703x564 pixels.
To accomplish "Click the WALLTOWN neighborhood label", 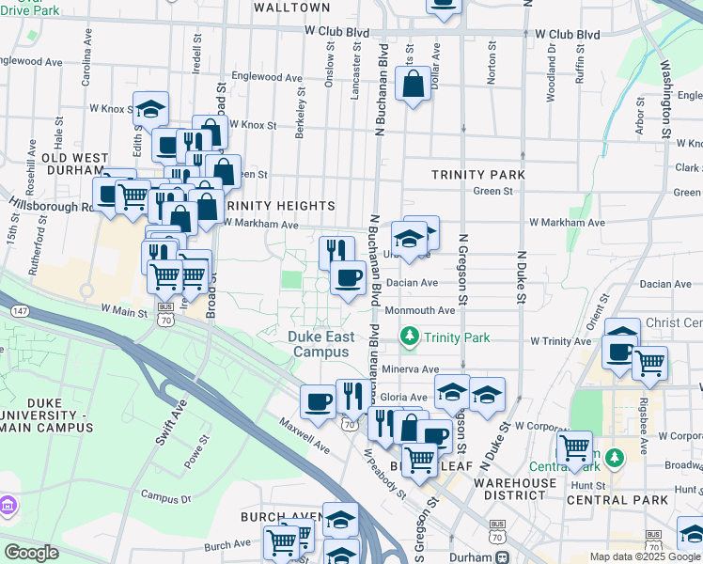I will (x=292, y=8).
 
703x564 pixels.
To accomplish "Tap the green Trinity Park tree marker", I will (x=409, y=336).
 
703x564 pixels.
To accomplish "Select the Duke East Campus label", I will (x=321, y=343).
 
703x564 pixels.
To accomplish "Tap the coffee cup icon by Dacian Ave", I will (x=348, y=277).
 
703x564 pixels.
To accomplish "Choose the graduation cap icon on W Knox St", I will (x=150, y=110).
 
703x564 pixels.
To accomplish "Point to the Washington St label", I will (x=666, y=100).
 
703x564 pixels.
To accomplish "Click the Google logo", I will (x=31, y=553).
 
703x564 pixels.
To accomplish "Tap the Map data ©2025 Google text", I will (x=644, y=556).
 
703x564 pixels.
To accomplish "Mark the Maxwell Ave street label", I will (x=304, y=434).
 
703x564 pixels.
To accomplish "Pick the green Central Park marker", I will (x=615, y=458).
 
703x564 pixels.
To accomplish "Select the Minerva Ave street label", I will (x=412, y=369).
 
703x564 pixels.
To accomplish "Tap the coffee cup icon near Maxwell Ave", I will (x=318, y=401).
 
